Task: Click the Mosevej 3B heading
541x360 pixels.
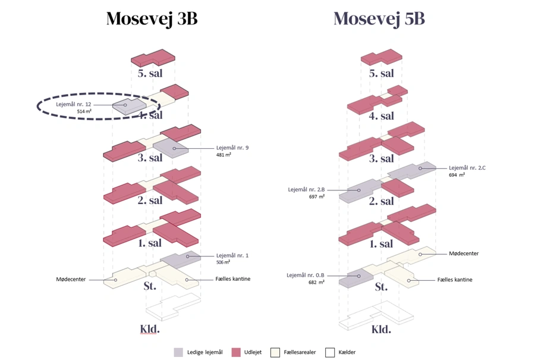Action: (152, 19)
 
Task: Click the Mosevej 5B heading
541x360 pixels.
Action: (379, 19)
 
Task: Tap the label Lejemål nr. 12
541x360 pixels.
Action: (73, 104)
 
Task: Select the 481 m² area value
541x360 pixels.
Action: (224, 155)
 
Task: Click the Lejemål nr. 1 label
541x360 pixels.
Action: (232, 255)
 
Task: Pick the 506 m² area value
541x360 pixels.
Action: (224, 262)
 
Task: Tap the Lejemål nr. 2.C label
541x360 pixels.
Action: (467, 168)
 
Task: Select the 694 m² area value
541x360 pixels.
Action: (457, 176)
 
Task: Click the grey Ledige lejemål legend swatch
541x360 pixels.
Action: (178, 352)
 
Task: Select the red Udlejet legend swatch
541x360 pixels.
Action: (236, 352)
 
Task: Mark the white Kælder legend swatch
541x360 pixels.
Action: (330, 352)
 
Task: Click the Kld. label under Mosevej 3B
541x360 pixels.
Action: (150, 328)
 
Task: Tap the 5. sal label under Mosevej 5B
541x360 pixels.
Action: (381, 74)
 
